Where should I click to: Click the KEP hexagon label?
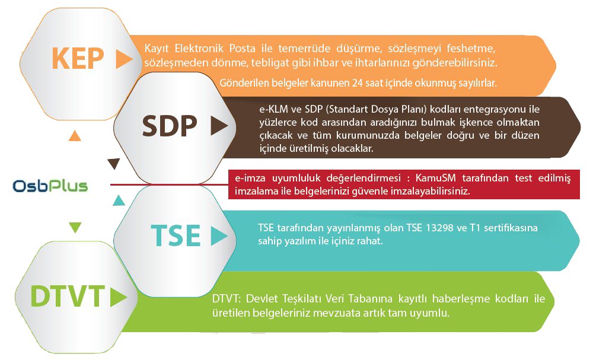(78, 58)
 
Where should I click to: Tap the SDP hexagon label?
(170, 126)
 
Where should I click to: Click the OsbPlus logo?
(50, 186)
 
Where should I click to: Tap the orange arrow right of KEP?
(124, 58)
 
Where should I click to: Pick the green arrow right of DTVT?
(118, 295)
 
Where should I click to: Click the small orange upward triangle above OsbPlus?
(74, 136)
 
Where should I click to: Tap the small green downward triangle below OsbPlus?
(74, 227)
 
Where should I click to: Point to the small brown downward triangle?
(114, 164)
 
